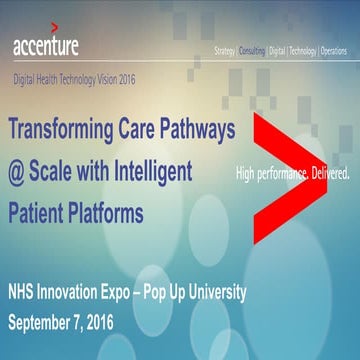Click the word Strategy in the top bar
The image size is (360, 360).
[x=232, y=50]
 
